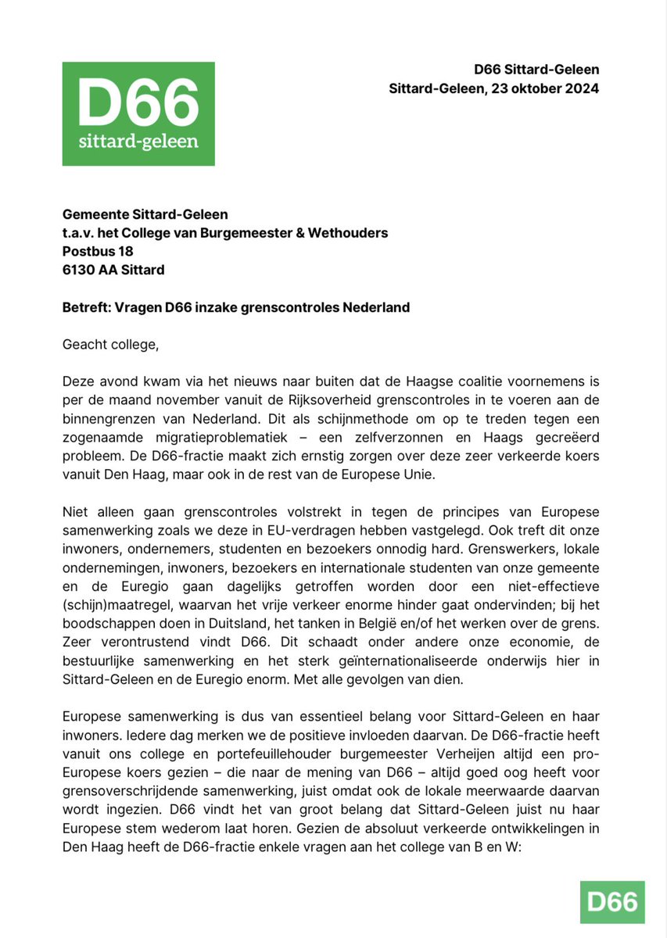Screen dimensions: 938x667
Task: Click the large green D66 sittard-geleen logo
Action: pyautogui.click(x=138, y=114)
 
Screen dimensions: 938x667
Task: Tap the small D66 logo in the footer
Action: pyautogui.click(x=612, y=902)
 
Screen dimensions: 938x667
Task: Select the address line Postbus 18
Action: pyautogui.click(x=98, y=251)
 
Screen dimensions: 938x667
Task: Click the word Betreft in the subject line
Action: pyautogui.click(x=85, y=307)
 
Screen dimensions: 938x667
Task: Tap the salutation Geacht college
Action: pyautogui.click(x=112, y=343)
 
